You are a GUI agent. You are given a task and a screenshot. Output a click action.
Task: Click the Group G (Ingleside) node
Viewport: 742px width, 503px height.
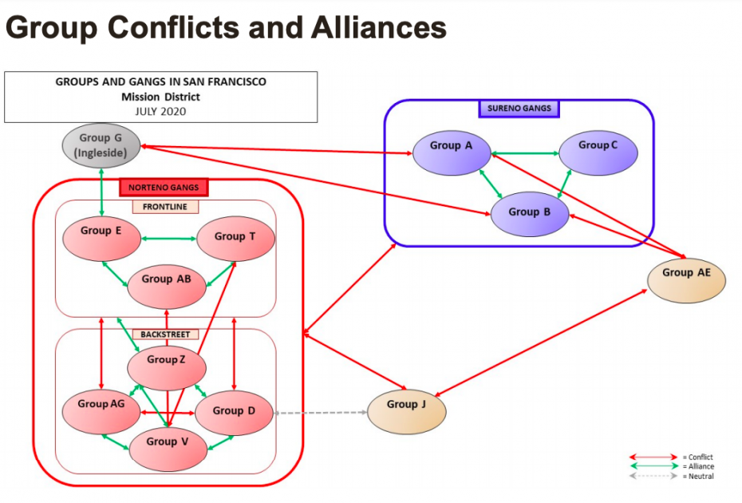(101, 145)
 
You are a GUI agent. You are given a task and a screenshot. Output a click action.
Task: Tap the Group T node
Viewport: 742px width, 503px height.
(235, 237)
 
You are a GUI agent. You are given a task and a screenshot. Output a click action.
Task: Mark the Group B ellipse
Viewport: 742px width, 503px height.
(529, 213)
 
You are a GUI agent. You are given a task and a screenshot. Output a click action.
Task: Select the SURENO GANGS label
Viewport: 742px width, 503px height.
(519, 108)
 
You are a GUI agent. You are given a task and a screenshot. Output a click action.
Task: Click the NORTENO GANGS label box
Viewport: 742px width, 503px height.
(164, 188)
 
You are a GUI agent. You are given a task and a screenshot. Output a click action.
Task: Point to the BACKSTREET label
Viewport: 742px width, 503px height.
(165, 335)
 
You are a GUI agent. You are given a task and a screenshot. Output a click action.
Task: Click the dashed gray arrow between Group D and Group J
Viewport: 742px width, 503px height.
(319, 413)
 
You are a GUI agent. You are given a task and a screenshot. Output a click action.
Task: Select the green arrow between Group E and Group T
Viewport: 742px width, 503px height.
(168, 238)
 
